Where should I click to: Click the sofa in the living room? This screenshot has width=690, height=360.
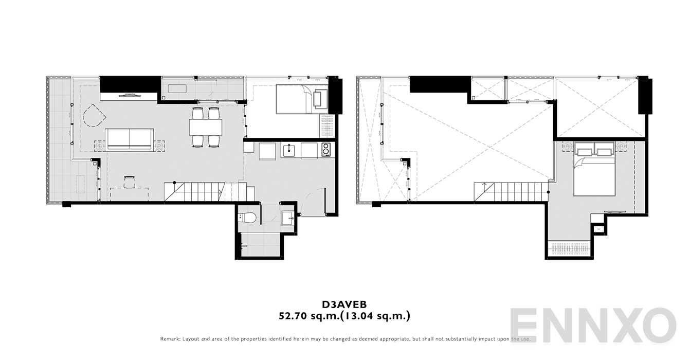(x=129, y=139)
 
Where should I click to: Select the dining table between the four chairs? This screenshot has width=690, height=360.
(x=206, y=127)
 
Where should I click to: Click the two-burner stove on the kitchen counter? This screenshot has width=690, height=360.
(x=326, y=150)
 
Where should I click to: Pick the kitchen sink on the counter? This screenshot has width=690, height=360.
(x=288, y=151)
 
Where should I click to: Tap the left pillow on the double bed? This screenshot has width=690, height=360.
(x=585, y=151)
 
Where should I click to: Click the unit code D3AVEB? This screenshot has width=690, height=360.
(x=344, y=304)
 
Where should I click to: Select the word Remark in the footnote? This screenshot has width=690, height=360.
(x=170, y=339)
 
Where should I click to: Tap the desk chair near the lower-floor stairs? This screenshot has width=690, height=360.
(x=129, y=179)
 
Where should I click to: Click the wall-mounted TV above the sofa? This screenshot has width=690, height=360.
(x=129, y=95)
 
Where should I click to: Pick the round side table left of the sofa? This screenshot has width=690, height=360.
(x=99, y=146)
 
